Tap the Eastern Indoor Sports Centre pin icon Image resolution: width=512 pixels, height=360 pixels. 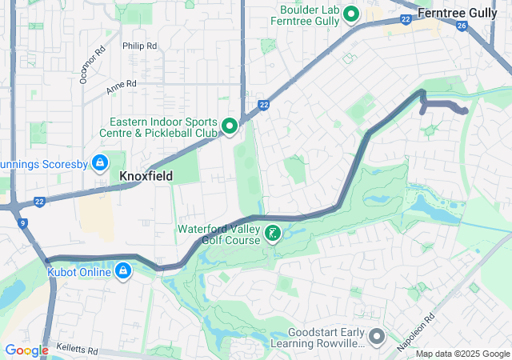coord(230,126)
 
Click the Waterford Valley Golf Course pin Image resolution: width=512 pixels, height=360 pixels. coord(274,234)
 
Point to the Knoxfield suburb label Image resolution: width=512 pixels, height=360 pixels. coord(146,175)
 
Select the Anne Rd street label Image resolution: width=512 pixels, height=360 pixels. coord(122,84)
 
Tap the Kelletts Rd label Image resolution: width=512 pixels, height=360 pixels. coord(76,350)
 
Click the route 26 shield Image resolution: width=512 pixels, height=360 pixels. coord(462,26)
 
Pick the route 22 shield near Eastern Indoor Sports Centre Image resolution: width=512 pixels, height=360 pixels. coord(263,105)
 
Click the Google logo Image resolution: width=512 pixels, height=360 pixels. coord(26,350)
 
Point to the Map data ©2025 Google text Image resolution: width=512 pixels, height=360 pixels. coord(462,354)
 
